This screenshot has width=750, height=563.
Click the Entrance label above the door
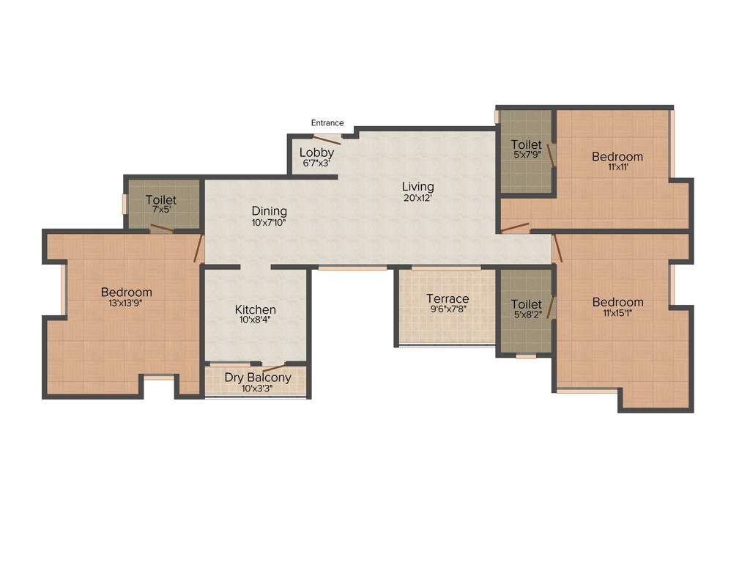[x=327, y=123]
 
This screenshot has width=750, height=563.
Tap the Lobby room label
[x=316, y=152]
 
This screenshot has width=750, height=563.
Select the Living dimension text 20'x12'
[x=417, y=198]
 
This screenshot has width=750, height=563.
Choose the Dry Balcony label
[x=257, y=378]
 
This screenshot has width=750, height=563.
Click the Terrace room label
[x=448, y=298]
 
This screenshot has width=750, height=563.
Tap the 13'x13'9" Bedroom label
[x=127, y=292]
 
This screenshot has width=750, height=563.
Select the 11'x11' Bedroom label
[x=617, y=156]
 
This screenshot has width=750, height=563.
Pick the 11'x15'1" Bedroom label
[x=617, y=302]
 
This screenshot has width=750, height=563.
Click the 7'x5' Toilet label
[x=160, y=199]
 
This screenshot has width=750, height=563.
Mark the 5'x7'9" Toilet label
[x=527, y=144]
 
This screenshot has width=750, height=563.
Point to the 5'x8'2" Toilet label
[x=527, y=303]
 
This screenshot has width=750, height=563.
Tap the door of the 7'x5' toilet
[x=162, y=229]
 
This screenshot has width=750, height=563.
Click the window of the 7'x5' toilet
[x=125, y=204]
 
